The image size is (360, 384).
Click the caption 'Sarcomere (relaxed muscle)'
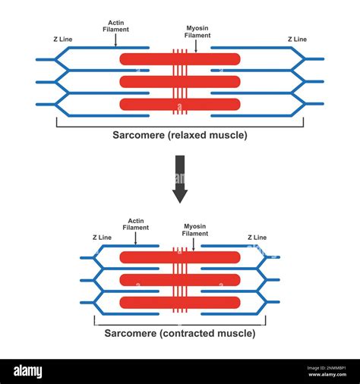pyautogui.click(x=180, y=136)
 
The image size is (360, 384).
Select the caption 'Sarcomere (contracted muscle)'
pyautogui.click(x=180, y=332)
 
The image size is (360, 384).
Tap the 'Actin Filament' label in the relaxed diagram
pyautogui.click(x=115, y=26)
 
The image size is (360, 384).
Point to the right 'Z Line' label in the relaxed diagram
pyautogui.click(x=297, y=39)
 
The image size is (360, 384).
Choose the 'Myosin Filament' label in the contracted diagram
pyautogui.click(x=195, y=230)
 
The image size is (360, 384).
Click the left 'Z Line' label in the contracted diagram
pyautogui.click(x=102, y=238)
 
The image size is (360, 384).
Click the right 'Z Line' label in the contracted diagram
pyautogui.click(x=257, y=238)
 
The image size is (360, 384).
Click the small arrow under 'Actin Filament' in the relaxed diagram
pyautogui.click(x=115, y=41)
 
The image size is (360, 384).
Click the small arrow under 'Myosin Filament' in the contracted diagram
pyautogui.click(x=195, y=243)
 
